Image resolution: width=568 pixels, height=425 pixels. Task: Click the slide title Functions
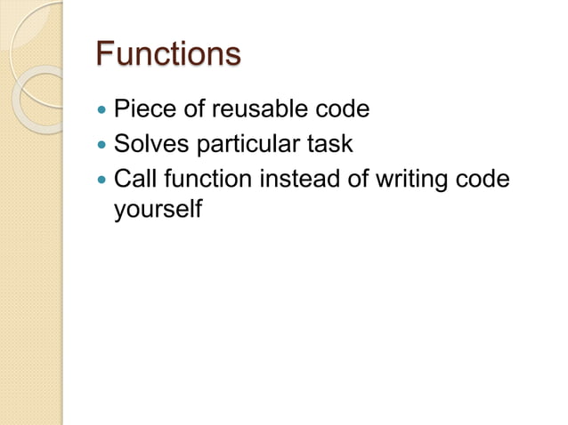click(167, 53)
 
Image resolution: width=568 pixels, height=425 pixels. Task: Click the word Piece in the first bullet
click(140, 110)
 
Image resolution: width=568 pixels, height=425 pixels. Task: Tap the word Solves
click(146, 144)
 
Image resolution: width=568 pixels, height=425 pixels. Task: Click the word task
click(329, 144)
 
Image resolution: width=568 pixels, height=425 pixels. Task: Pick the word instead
click(296, 179)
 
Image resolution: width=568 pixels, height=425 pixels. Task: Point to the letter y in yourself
click(120, 214)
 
